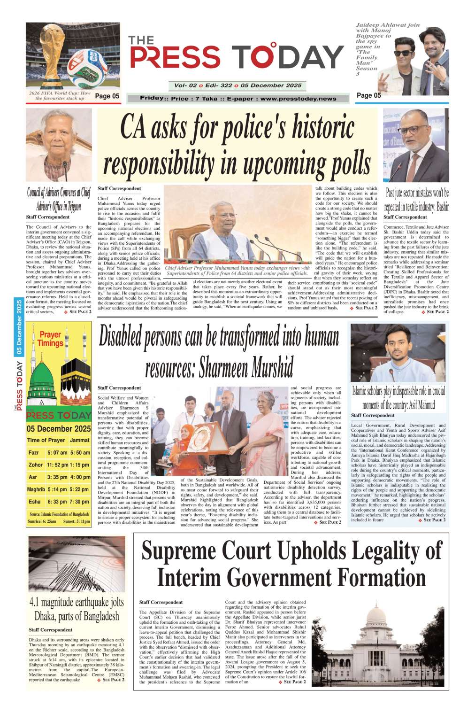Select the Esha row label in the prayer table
point(34,502)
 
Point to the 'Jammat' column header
point(80,440)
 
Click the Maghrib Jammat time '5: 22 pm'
point(79,489)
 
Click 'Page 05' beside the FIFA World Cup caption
point(107,96)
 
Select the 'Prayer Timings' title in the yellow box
point(50,339)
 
